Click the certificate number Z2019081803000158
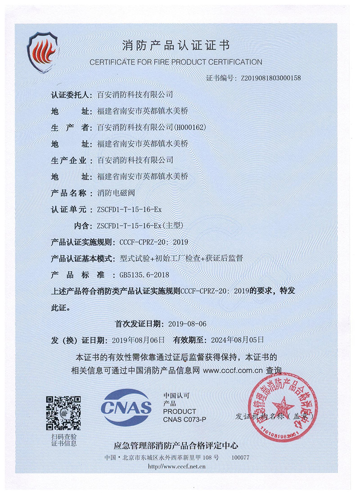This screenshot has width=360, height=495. coord(271,78)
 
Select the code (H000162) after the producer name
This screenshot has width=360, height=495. coord(190,127)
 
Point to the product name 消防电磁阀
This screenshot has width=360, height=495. coord(116,193)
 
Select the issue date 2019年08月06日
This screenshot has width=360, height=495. coord(142,340)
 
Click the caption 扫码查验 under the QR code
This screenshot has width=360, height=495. coord(64,436)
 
